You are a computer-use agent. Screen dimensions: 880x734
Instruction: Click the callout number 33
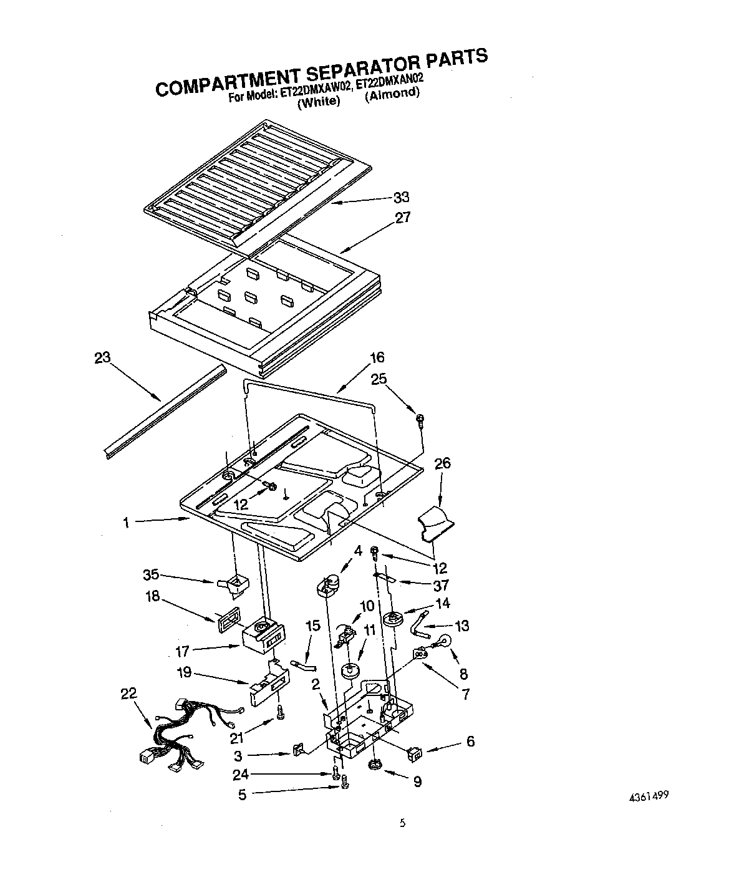pyautogui.click(x=401, y=197)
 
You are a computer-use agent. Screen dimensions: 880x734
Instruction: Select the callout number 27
pyautogui.click(x=403, y=218)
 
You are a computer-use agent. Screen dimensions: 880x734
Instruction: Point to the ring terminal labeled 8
pyautogui.click(x=445, y=641)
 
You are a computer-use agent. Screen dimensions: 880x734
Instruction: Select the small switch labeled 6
pyautogui.click(x=413, y=754)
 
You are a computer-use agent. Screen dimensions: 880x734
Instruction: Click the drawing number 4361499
pyautogui.click(x=648, y=796)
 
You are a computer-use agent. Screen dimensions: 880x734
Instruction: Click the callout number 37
pyautogui.click(x=442, y=585)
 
